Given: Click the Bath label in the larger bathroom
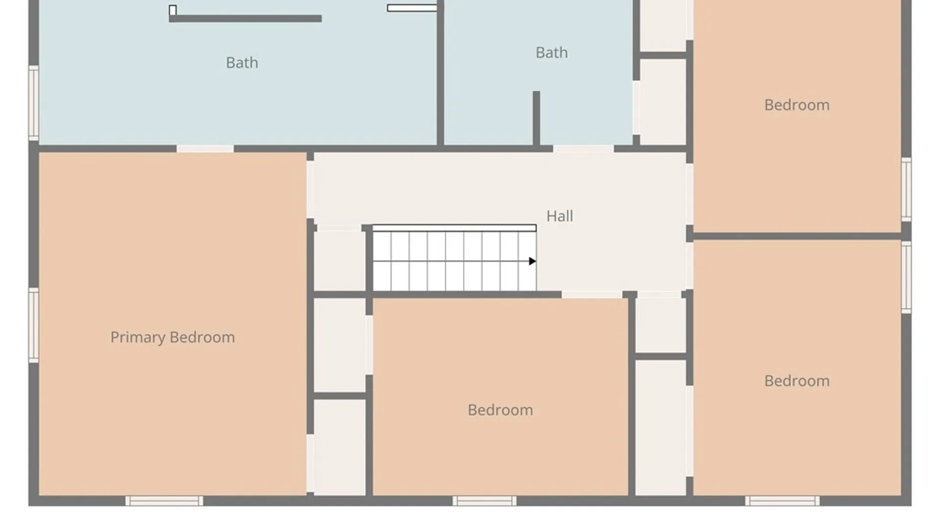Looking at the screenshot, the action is [242, 63].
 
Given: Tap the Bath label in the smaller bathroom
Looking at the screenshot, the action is [552, 52].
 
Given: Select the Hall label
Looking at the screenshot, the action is [559, 216].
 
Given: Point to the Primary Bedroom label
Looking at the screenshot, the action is [173, 337].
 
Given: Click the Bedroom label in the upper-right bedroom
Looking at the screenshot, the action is [797, 105].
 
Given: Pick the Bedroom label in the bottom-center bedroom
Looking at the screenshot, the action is [500, 410].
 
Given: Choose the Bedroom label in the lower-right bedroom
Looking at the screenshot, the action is [797, 381].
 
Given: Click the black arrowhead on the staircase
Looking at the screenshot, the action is [533, 261].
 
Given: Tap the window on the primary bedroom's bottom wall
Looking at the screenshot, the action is [164, 501].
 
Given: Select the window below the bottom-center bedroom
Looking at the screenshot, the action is [484, 501].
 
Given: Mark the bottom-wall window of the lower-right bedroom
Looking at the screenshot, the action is [782, 501].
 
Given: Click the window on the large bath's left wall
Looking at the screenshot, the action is [34, 103].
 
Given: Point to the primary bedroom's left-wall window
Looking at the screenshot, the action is [34, 325].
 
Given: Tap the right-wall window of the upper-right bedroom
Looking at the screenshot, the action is [906, 189].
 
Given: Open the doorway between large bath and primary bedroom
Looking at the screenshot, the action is [205, 149].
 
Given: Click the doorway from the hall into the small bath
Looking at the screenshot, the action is [583, 149].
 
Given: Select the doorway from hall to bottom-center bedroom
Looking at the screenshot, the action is [592, 295].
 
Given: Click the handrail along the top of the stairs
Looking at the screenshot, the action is [454, 228].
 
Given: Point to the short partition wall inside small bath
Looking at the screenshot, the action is [537, 118].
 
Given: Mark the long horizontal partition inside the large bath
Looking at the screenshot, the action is [246, 19].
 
